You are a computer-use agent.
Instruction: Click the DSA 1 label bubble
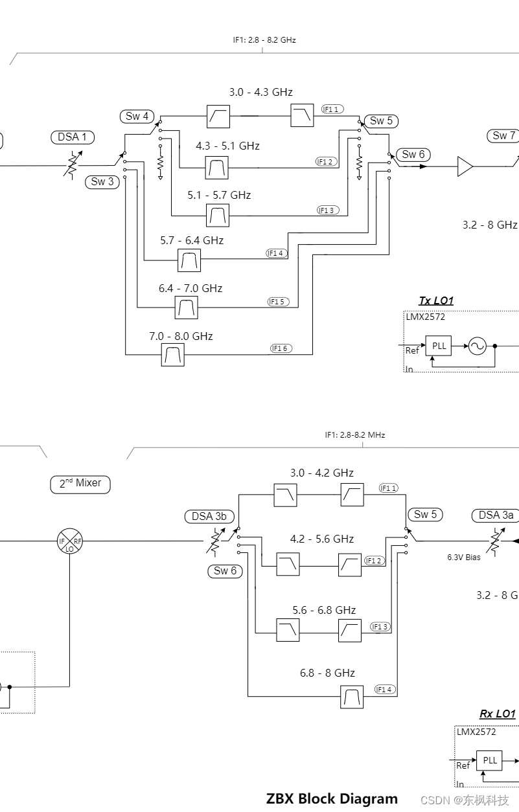[x=73, y=137]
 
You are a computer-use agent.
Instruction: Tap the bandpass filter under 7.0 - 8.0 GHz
[x=172, y=355]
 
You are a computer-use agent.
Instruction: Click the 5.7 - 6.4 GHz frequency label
[x=192, y=240]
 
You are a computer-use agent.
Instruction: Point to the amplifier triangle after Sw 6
[x=465, y=166]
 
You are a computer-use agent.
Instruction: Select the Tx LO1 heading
[x=436, y=300]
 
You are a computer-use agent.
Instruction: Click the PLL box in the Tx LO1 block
[x=439, y=346]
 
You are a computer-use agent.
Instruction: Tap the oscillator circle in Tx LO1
[x=477, y=346]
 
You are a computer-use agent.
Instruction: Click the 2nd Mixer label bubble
[x=80, y=484]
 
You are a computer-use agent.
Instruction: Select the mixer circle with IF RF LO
[x=70, y=540]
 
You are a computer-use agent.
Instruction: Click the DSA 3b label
[x=209, y=516]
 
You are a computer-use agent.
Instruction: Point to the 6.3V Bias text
[x=464, y=557]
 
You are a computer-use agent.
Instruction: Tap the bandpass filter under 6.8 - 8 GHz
[x=352, y=697]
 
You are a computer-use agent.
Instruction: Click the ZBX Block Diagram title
[x=332, y=798]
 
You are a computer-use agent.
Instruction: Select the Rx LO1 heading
[x=497, y=714]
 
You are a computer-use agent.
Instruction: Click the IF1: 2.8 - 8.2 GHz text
[x=264, y=39]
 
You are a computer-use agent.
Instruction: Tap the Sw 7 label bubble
[x=503, y=135]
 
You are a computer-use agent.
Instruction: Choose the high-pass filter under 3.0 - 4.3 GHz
[x=218, y=117]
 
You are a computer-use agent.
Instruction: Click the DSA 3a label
[x=496, y=515]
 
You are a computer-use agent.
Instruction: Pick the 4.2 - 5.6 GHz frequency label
[x=322, y=539]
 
